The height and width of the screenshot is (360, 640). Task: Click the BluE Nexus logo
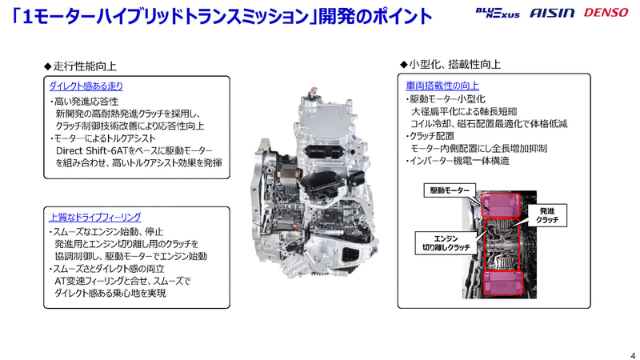[x=497, y=13]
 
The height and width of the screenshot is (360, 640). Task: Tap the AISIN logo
[x=552, y=13]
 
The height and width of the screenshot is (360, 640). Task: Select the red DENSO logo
[x=606, y=13]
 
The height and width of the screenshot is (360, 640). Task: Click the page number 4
[x=633, y=355]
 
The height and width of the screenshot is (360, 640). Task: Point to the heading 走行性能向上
[x=81, y=66]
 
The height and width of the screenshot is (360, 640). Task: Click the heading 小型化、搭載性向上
[x=450, y=64]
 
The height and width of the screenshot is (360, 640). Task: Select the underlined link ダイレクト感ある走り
[x=86, y=86]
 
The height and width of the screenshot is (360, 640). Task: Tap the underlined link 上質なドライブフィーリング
[x=94, y=217]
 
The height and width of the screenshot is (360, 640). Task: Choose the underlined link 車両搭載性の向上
[x=442, y=86]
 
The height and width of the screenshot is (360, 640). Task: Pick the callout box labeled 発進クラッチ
[x=547, y=215]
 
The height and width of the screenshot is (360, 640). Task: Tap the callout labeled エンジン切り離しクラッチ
[x=446, y=243]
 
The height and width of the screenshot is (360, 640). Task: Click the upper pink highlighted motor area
[x=501, y=206]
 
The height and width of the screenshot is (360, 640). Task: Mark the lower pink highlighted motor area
[x=503, y=283]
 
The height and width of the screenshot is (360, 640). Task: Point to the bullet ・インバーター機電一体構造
[x=458, y=161]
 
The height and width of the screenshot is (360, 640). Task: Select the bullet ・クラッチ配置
[x=430, y=136]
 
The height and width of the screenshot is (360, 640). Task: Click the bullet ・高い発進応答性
[x=84, y=102]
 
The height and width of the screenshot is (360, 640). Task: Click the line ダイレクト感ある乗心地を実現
[x=110, y=293]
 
